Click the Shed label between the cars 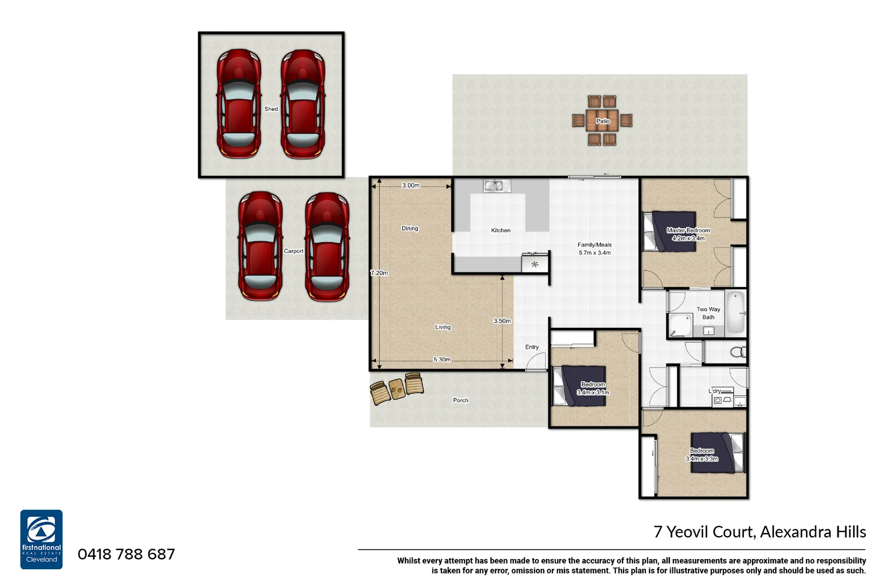[x=271, y=109]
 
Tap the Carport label [x=293, y=251]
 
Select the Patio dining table [x=603, y=120]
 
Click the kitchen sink [x=496, y=186]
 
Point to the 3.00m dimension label [x=410, y=185]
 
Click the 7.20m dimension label [x=379, y=272]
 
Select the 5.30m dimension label [x=442, y=360]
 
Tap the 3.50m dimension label [x=502, y=321]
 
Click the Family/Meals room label [x=594, y=249]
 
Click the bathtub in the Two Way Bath [x=735, y=313]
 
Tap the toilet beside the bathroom [x=737, y=352]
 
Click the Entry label [x=532, y=347]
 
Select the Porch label [x=460, y=400]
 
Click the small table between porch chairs [x=397, y=388]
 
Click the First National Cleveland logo [x=42, y=539]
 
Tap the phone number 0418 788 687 [x=126, y=554]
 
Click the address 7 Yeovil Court [x=759, y=531]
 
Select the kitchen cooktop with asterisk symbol [x=534, y=264]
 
